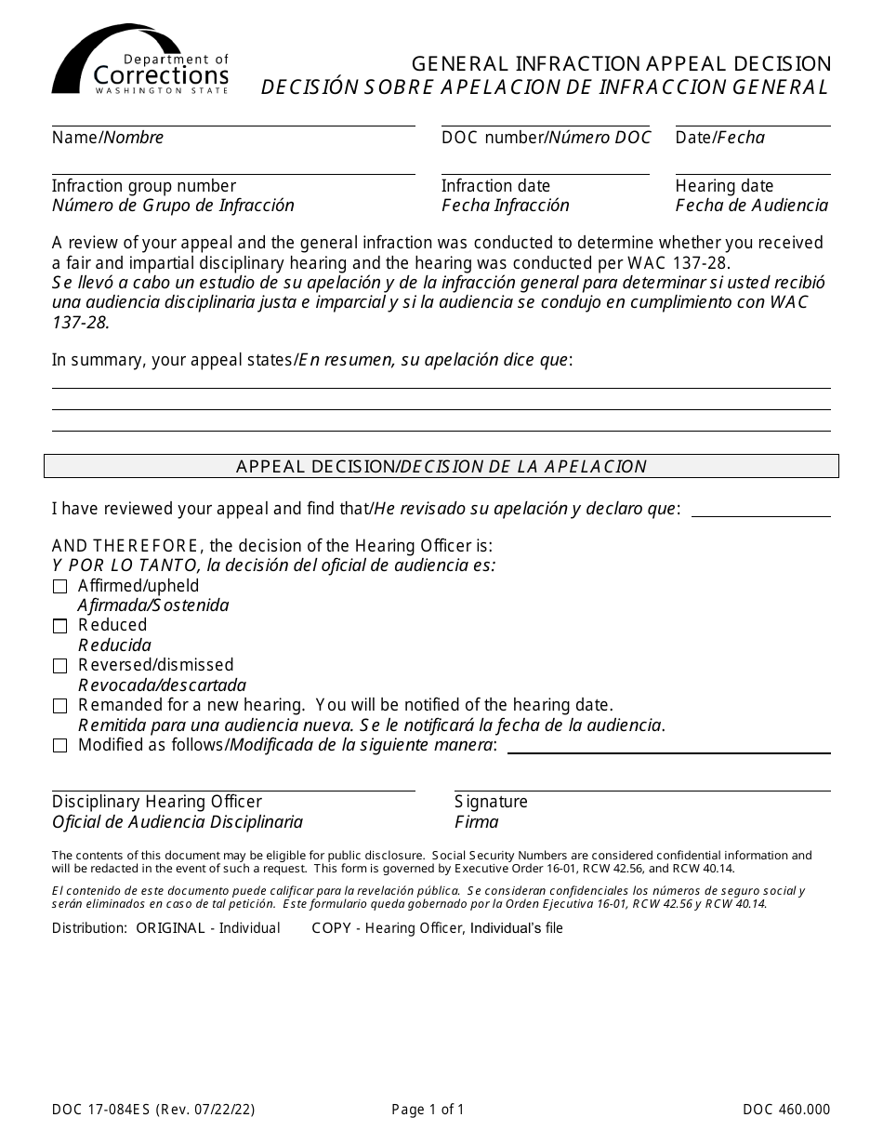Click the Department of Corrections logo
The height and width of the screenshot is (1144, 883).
coord(139,60)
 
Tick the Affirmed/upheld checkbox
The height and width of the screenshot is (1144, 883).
coord(60,587)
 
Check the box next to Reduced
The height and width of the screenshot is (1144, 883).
coord(60,626)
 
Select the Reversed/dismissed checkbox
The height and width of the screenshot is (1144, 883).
coord(60,666)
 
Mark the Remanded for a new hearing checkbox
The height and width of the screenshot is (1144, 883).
coord(60,706)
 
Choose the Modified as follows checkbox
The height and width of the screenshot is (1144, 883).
coord(60,746)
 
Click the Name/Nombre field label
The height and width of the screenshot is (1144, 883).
coord(108,138)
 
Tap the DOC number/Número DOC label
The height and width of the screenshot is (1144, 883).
coord(546,138)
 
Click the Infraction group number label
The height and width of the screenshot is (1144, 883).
coord(144,186)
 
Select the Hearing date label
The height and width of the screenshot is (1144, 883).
coord(724,186)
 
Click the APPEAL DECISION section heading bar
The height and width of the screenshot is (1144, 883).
coord(441,466)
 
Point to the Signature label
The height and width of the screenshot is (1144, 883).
coord(491,802)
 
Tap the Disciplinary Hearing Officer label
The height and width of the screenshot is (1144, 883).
coord(157,802)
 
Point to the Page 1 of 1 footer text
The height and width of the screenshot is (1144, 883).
coord(428,1109)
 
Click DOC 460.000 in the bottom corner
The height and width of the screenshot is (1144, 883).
coord(786,1109)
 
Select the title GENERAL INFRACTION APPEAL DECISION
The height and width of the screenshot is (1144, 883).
coord(621,64)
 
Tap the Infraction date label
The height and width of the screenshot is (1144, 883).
coord(495,186)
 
